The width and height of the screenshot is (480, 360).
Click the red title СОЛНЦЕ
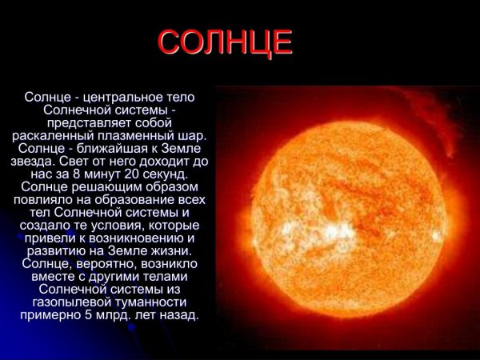(226, 43)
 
